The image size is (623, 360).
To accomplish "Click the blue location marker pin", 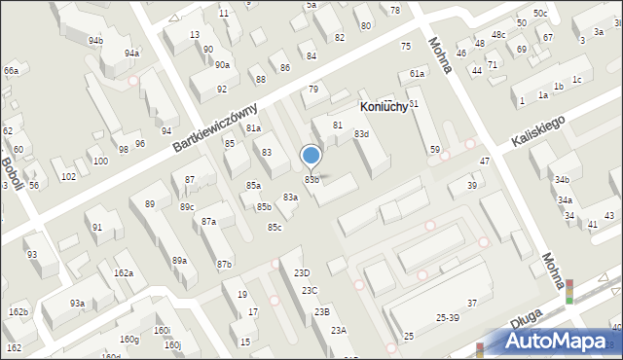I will [x=311, y=157].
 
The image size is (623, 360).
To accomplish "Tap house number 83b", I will [x=312, y=179].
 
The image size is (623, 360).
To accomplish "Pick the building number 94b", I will [x=95, y=41].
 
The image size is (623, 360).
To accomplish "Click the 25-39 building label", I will [x=448, y=318].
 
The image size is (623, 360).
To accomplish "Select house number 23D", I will [x=303, y=273].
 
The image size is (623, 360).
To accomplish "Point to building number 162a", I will [x=124, y=273].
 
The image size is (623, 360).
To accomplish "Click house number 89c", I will [x=187, y=206].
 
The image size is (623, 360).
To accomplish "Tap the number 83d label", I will [x=361, y=133].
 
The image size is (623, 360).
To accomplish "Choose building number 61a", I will [x=418, y=74].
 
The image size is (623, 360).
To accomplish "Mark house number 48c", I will [x=498, y=35].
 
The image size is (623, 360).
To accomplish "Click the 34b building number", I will [x=562, y=180].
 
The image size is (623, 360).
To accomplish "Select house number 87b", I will [x=225, y=265].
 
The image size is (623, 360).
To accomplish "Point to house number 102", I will [x=68, y=176].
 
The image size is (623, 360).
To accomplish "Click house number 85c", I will [x=275, y=228].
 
